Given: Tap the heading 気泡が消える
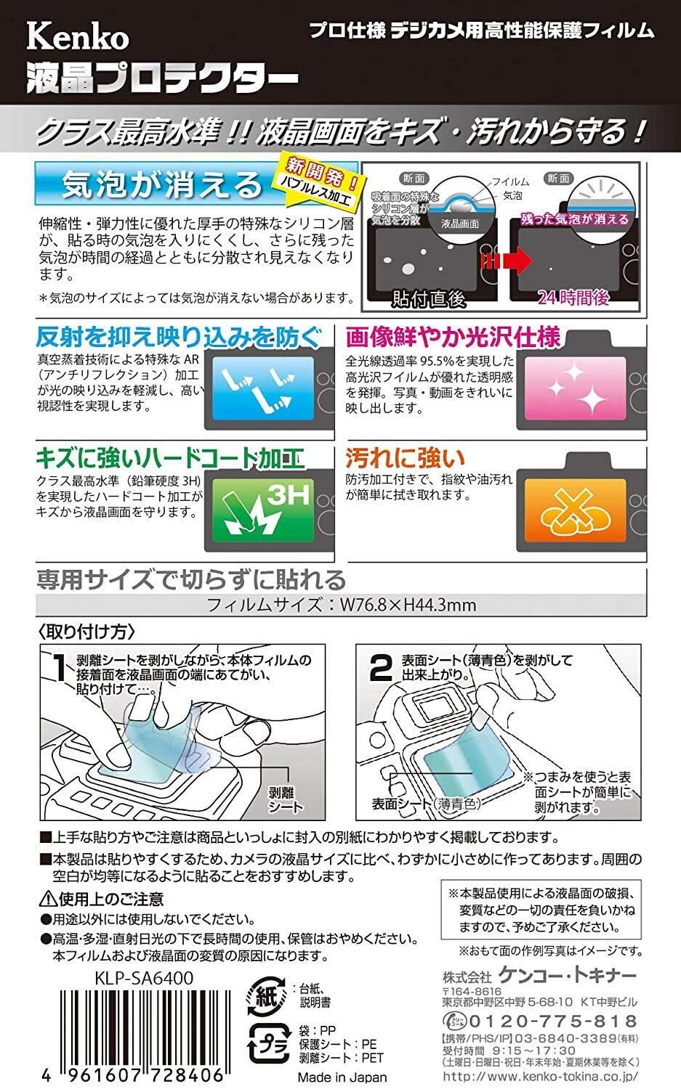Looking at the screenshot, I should pyautogui.click(x=162, y=184).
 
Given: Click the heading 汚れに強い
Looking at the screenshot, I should pyautogui.click(x=404, y=458).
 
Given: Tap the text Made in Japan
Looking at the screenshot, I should pyautogui.click(x=352, y=1077).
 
